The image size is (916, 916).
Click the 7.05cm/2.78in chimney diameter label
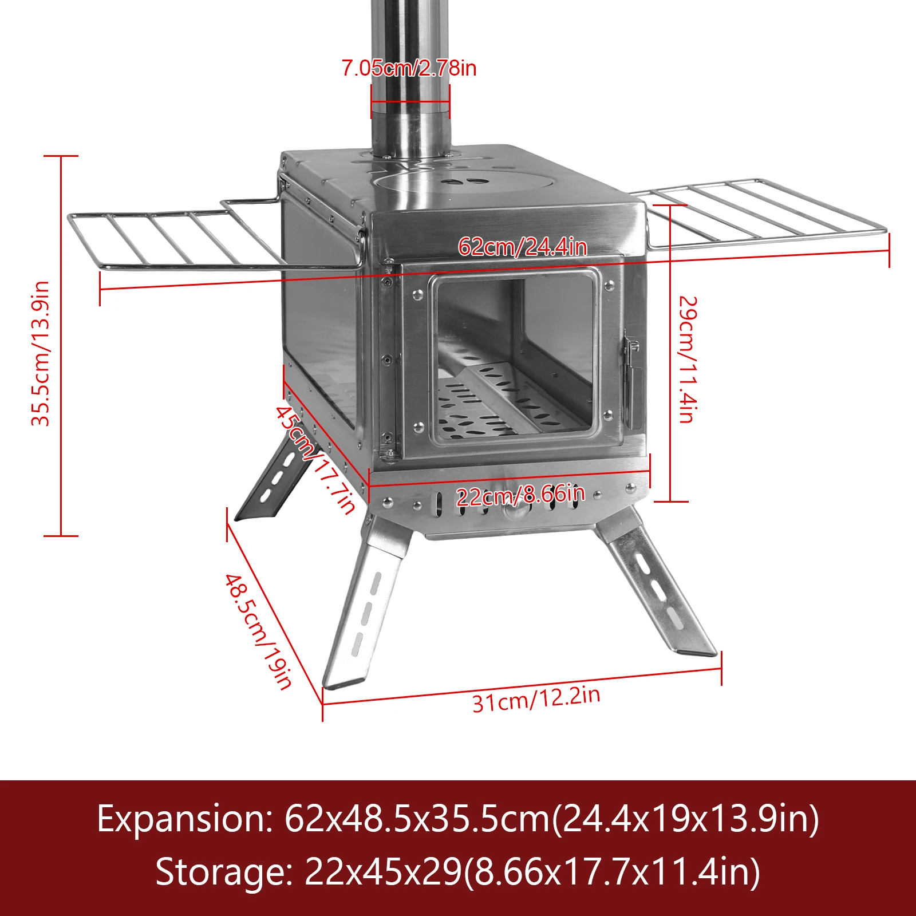409,68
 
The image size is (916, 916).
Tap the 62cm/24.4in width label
522,247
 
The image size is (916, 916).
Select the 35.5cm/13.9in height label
41,354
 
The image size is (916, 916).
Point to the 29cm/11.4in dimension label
687,360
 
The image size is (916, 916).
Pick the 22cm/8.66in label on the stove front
520,495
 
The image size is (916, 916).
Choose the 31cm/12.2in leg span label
536,699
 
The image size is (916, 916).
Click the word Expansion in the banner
185,819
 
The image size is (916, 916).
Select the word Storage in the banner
223,872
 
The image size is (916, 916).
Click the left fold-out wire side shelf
177,238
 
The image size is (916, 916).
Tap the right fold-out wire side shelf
761,212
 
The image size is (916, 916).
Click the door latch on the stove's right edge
632,378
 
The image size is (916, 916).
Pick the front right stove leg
658,590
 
